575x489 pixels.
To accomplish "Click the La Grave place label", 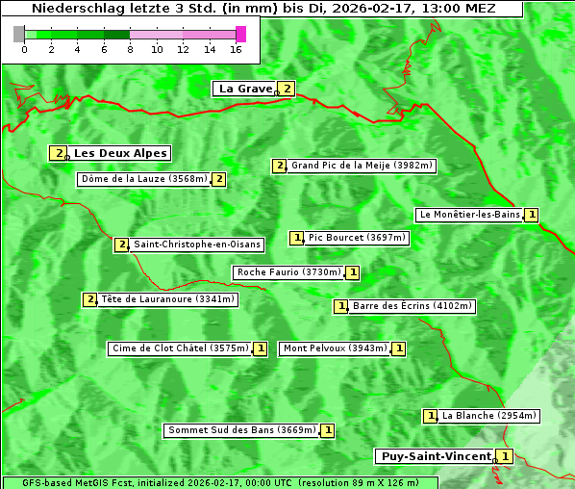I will click(245, 89).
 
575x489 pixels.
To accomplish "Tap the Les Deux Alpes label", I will click(120, 153).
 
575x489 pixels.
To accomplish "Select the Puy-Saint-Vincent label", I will click(435, 456).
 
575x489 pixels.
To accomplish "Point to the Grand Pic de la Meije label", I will click(362, 166).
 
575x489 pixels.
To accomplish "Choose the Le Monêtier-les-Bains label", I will click(469, 215).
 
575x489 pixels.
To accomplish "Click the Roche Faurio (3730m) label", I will click(288, 272).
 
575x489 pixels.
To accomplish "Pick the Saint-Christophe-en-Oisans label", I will click(196, 244).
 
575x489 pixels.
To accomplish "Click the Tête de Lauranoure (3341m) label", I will click(167, 299).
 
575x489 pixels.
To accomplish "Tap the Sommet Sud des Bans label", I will click(241, 430).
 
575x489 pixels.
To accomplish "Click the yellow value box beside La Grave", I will click(287, 89).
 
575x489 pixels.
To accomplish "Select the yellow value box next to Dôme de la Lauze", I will click(219, 179).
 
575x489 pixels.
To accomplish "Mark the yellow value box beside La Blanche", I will click(431, 416).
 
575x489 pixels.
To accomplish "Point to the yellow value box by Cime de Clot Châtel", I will click(260, 348).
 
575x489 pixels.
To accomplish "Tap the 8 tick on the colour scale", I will click(130, 49).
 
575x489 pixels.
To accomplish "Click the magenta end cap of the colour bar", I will click(240, 34).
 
